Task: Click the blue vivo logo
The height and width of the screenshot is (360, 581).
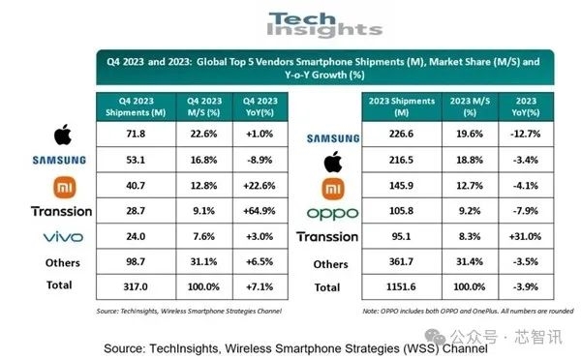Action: [x=62, y=235]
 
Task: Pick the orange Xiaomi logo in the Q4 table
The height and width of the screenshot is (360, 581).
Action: [x=62, y=184]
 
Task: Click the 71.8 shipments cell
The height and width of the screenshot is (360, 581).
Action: [x=129, y=133]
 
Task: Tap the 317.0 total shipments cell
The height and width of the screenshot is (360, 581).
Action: [x=129, y=285]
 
